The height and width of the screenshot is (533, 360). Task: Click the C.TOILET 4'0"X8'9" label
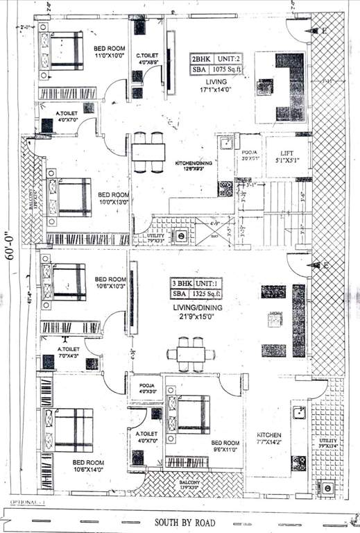148,58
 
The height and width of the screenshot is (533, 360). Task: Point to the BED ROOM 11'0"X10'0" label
109,51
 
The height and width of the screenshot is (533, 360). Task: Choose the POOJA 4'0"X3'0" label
146,387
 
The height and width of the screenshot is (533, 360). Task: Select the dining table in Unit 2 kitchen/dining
148,151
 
